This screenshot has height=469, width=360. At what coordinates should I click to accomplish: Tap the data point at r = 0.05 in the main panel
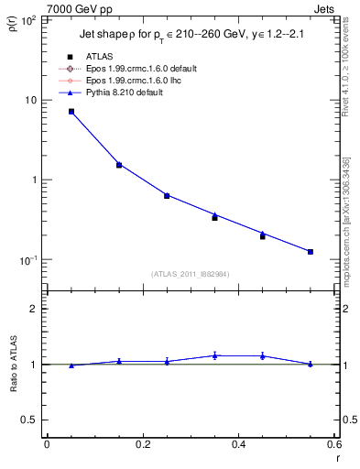(x=71, y=112)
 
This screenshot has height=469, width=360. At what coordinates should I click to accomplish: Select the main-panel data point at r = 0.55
(x=311, y=251)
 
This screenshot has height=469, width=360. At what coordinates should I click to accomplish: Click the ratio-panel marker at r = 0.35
(x=215, y=355)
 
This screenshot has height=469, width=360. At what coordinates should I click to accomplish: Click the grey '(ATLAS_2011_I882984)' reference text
(x=190, y=274)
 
